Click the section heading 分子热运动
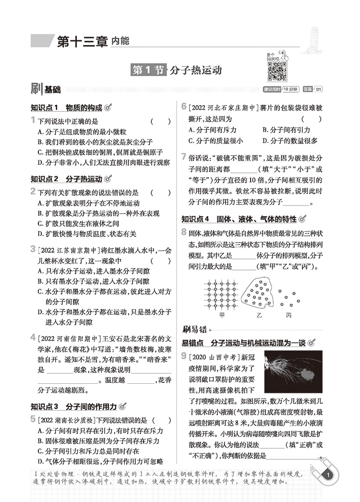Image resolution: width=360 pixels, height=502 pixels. coord(195,70)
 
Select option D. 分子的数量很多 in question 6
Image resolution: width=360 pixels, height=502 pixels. coord(290,141)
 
